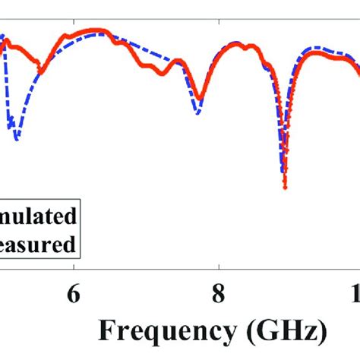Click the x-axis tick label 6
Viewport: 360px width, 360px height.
point(73,295)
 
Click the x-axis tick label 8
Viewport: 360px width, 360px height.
point(219,295)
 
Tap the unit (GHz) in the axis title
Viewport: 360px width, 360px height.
point(292,333)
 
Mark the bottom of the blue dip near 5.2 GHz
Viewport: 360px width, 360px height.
point(16,139)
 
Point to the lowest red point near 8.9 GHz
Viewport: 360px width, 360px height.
point(285,187)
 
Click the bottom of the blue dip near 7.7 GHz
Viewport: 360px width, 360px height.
point(198,114)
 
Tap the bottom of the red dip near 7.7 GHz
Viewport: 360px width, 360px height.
point(200,99)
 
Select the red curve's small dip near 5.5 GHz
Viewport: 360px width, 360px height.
point(42,72)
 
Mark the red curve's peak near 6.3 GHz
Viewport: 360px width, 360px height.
point(97,30)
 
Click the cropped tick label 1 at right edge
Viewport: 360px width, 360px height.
point(355,295)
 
